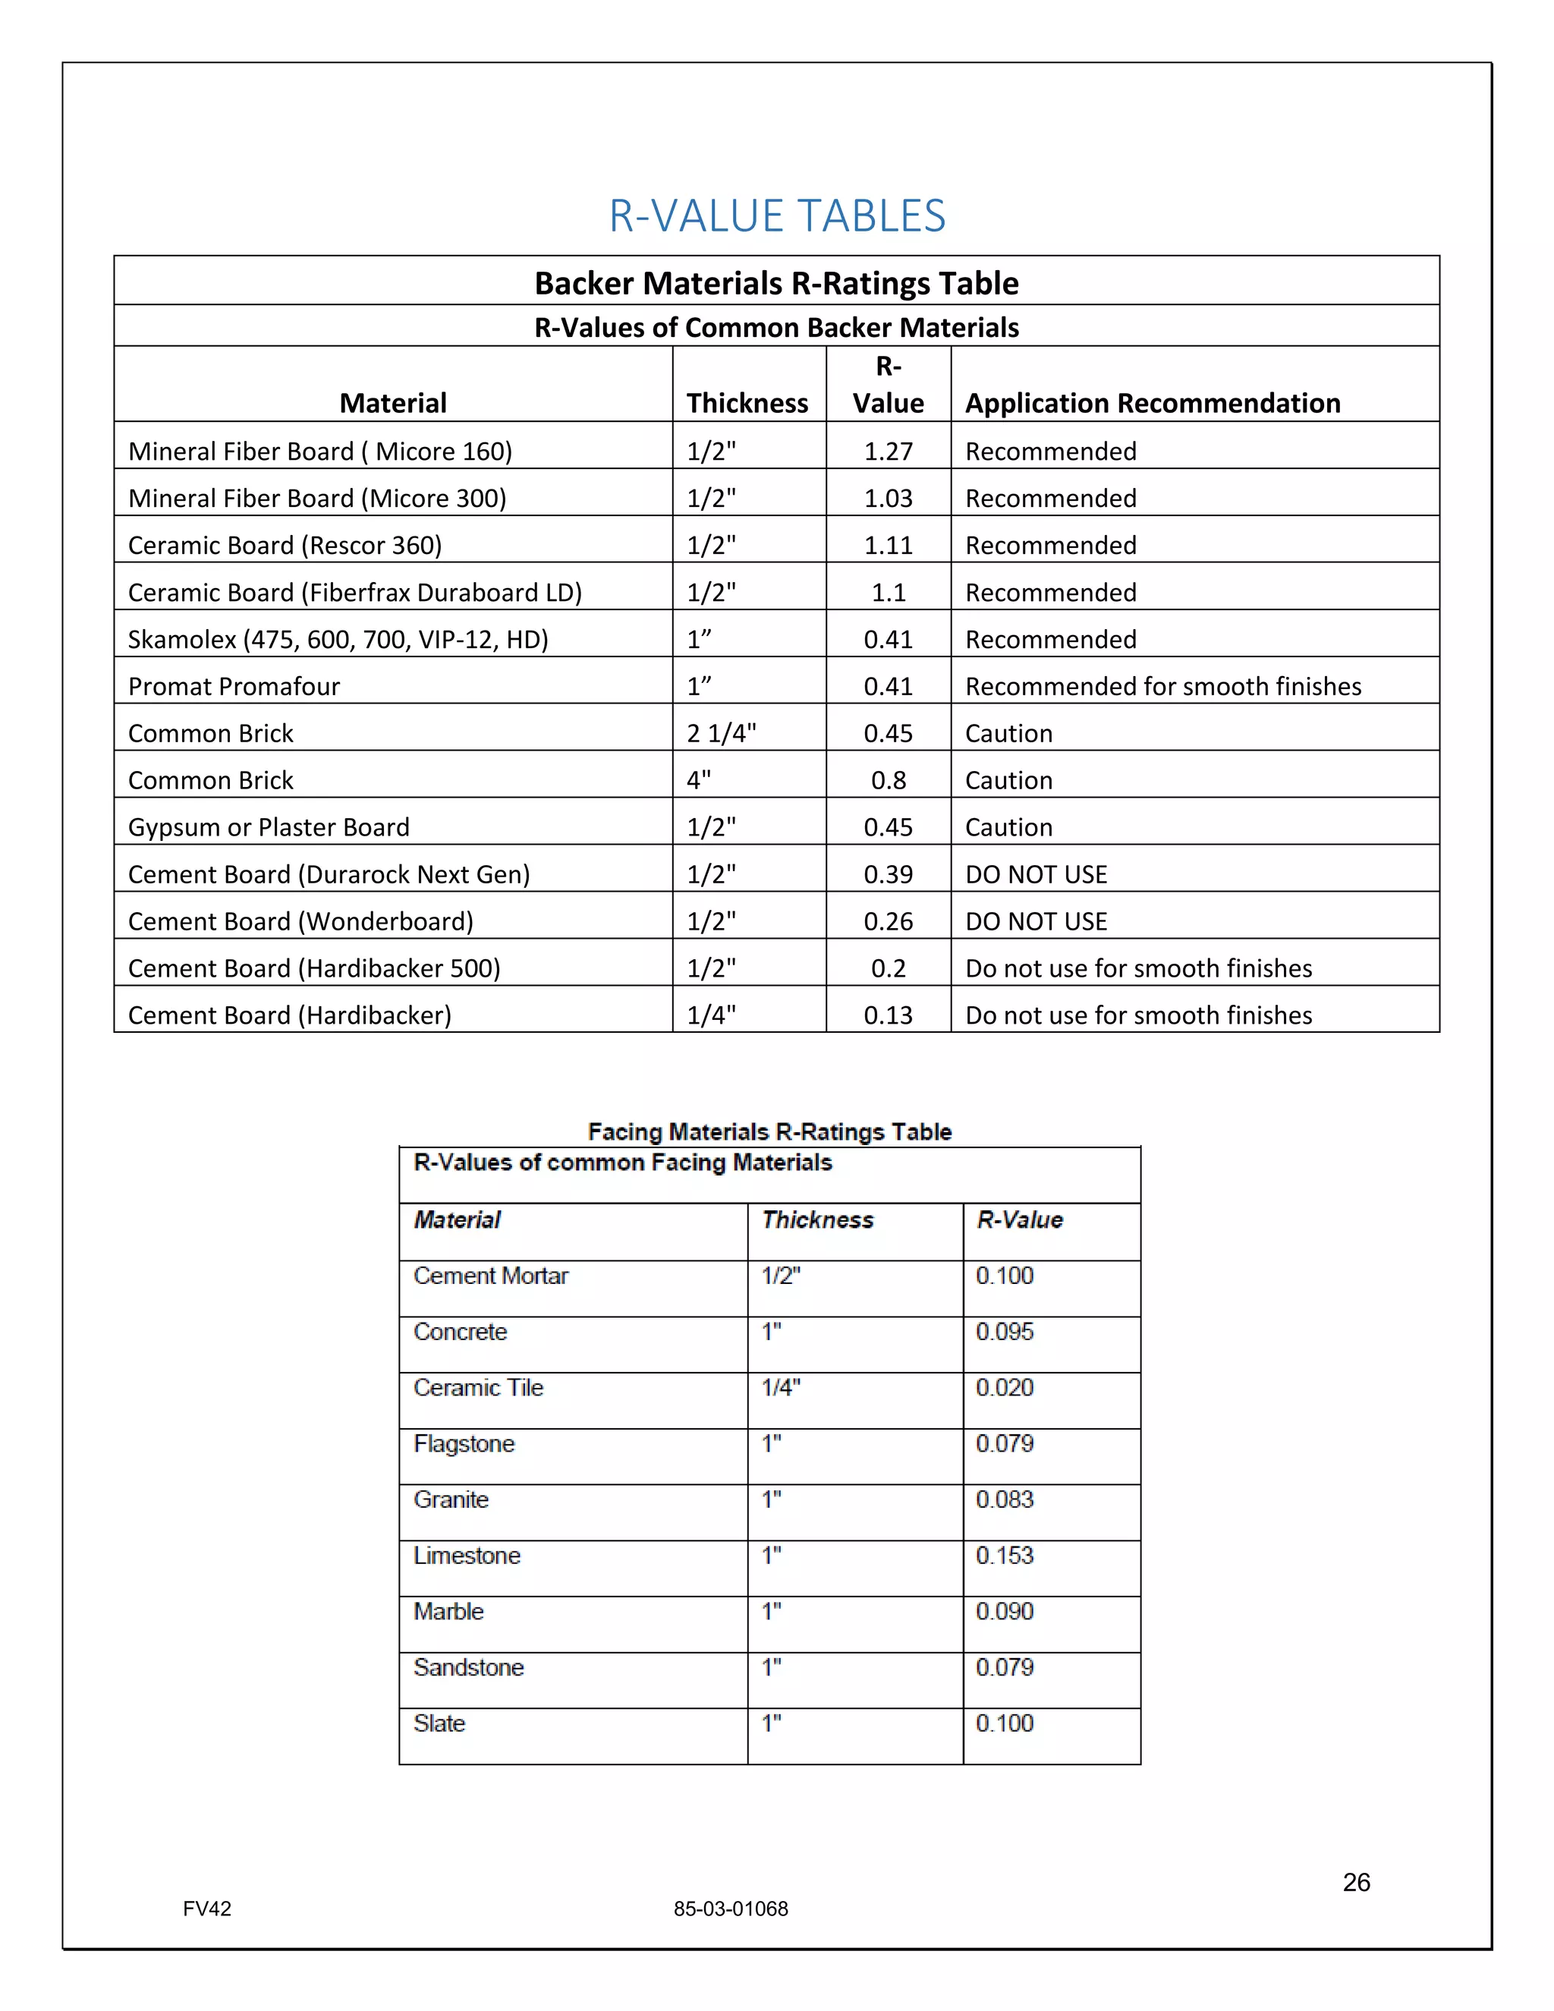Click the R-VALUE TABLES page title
pyautogui.click(x=777, y=216)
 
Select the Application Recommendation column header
pyautogui.click(x=1152, y=403)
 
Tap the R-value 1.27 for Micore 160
pyautogui.click(x=888, y=452)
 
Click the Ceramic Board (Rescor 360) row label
pyautogui.click(x=285, y=545)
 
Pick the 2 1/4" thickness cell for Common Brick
pyautogui.click(x=721, y=733)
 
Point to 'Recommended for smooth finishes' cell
pyautogui.click(x=1162, y=686)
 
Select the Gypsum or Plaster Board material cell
pyautogui.click(x=268, y=827)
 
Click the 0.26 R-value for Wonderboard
pyautogui.click(x=888, y=921)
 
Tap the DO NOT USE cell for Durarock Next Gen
pyautogui.click(x=1036, y=873)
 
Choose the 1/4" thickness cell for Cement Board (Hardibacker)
pyautogui.click(x=711, y=1015)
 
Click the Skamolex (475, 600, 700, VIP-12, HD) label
pyautogui.click(x=338, y=639)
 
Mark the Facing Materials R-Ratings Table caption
pyautogui.click(x=769, y=1131)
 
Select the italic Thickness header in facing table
pyautogui.click(x=817, y=1220)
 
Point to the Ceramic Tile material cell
pyautogui.click(x=478, y=1388)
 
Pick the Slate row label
pyautogui.click(x=439, y=1723)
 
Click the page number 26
pyautogui.click(x=1356, y=1882)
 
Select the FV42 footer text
pyautogui.click(x=207, y=1909)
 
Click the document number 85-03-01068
pyautogui.click(x=730, y=1909)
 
